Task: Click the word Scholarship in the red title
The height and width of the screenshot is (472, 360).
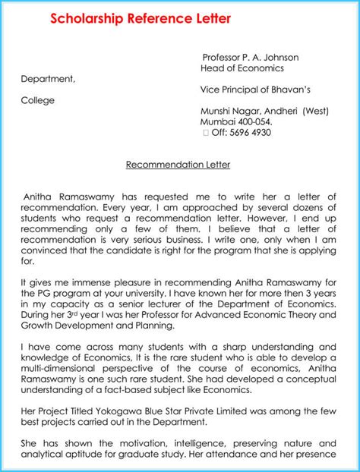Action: pyautogui.click(x=84, y=19)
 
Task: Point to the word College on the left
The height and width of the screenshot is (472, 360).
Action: pyautogui.click(x=38, y=99)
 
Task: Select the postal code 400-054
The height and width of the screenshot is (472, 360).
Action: pyautogui.click(x=254, y=121)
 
